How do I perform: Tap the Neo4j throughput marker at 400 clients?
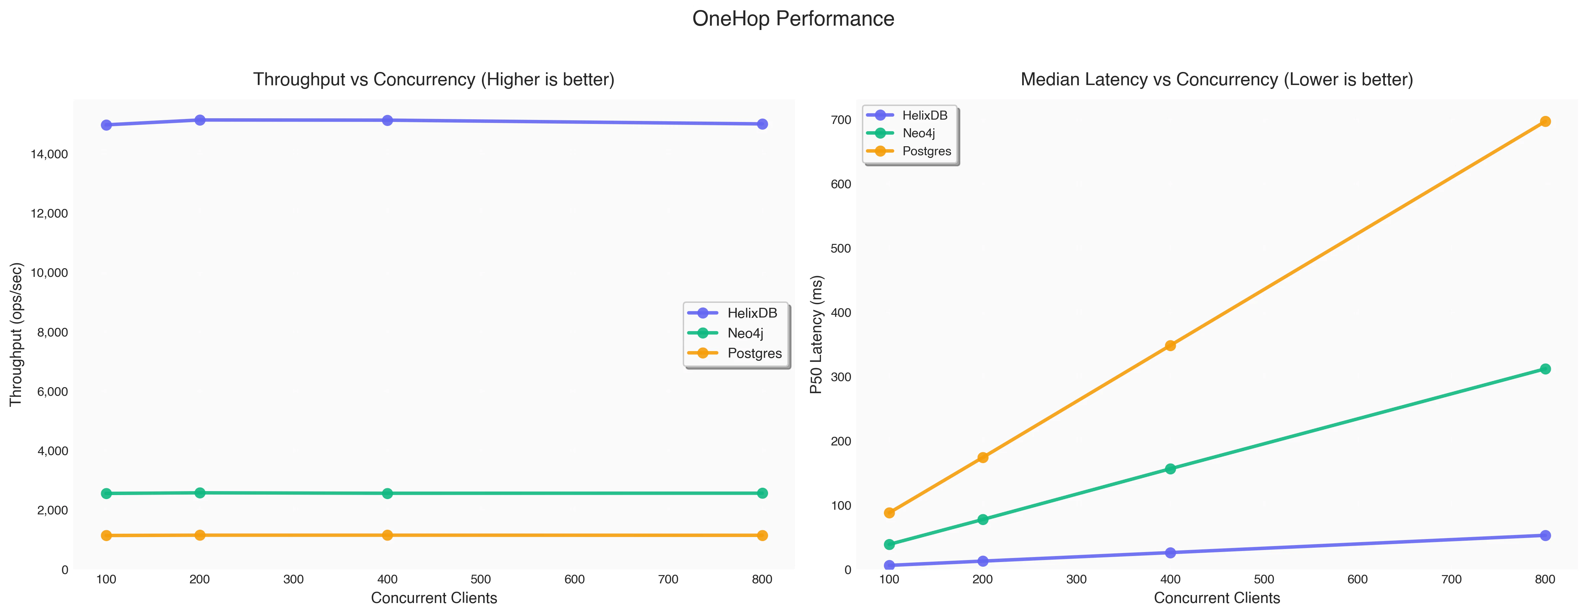(387, 493)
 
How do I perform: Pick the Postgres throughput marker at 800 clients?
(762, 535)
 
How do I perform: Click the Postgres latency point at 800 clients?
(1545, 122)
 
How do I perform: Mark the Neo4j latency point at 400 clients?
(1170, 469)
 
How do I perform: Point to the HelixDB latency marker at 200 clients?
(983, 561)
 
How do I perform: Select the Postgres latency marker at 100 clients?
(889, 513)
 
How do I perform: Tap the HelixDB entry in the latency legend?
(924, 115)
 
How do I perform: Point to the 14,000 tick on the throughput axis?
(49, 154)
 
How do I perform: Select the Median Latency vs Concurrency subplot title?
(1216, 80)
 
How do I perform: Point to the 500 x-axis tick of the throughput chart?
(481, 580)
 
